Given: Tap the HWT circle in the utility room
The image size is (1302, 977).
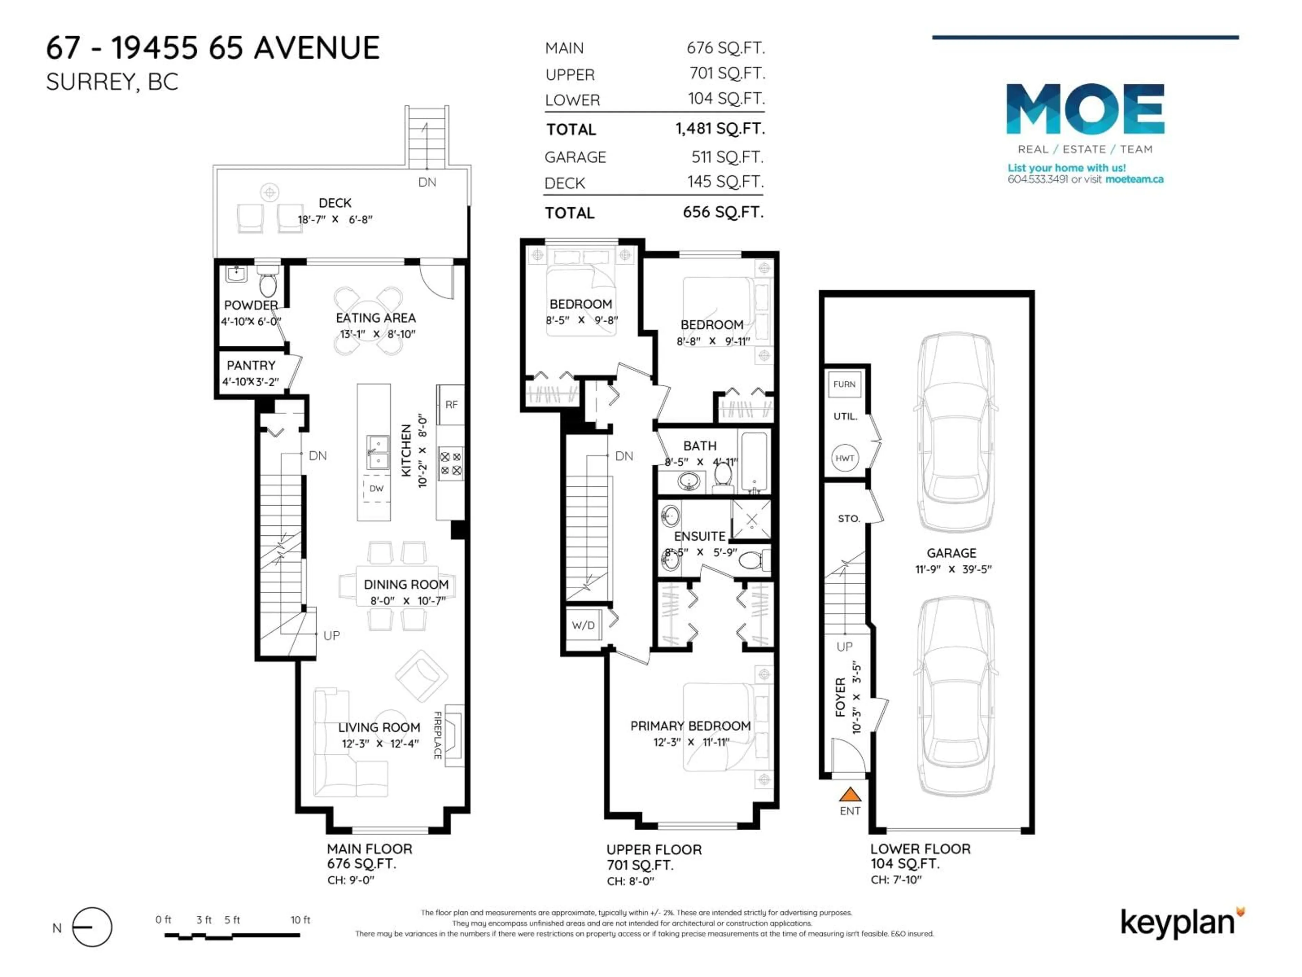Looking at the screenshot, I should coord(845,458).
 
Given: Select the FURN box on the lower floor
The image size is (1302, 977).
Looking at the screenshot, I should coord(844,384).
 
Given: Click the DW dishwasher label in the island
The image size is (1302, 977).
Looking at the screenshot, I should coord(376,488).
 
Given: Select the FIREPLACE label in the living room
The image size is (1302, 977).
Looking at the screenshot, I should coord(437,735).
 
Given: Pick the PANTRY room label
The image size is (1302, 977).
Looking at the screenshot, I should coord(251,365).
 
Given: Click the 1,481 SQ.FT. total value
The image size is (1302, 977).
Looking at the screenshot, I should coord(720,128).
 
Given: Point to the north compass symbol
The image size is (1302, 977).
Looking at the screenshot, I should coord(92,927).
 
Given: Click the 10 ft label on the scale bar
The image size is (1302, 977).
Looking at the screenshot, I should coord(300,920).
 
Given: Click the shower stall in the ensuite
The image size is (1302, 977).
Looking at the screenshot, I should coord(751,519).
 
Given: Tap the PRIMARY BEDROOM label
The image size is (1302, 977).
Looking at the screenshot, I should coord(690,726).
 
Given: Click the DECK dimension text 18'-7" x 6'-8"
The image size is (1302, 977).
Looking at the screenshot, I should coord(335,219).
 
